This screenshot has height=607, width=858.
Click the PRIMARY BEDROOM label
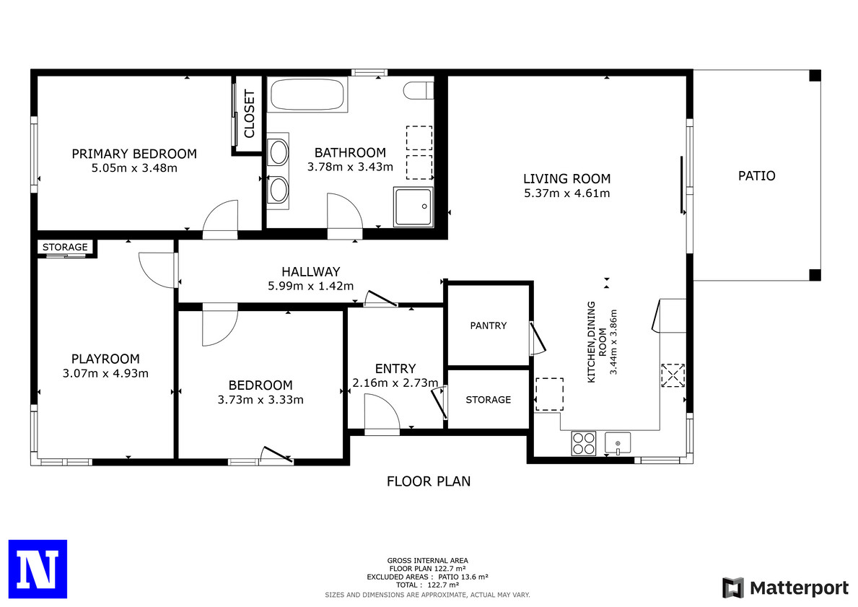tap(134, 154)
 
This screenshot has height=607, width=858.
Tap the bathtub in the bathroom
tap(309, 95)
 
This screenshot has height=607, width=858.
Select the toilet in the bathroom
tap(419, 90)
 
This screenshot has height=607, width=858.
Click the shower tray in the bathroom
tap(413, 206)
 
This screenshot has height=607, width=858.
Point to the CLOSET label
tap(250, 114)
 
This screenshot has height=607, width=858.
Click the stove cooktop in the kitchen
tap(583, 443)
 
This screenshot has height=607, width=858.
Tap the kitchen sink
tap(617, 442)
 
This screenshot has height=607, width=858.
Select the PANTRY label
tap(488, 326)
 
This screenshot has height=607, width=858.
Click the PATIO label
tap(757, 175)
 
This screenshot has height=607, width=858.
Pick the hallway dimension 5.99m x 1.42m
tap(311, 286)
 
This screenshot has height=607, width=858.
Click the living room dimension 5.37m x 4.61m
tap(567, 193)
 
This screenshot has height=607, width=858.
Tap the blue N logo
tap(38, 569)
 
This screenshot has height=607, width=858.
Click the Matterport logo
tap(785, 588)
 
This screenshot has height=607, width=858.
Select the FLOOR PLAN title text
tap(429, 481)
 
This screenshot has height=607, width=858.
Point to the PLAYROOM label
tap(105, 359)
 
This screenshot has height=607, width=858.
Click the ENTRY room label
tap(395, 368)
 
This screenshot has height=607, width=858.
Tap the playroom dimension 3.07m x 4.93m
tap(105, 373)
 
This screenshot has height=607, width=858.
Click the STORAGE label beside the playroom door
tap(65, 247)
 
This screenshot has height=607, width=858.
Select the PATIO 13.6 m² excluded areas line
tap(427, 577)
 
